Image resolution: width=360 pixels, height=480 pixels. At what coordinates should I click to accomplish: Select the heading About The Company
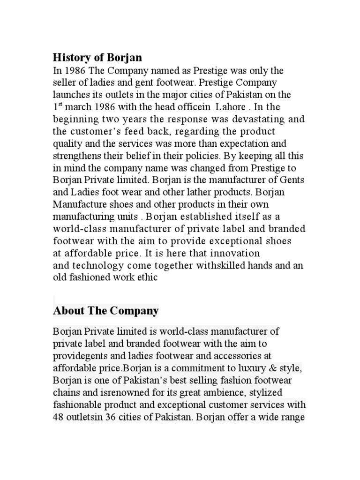click(x=106, y=310)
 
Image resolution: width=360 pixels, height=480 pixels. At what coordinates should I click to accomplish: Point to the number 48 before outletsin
click(x=60, y=416)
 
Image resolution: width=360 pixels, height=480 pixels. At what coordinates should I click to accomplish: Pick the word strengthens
click(x=78, y=156)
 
